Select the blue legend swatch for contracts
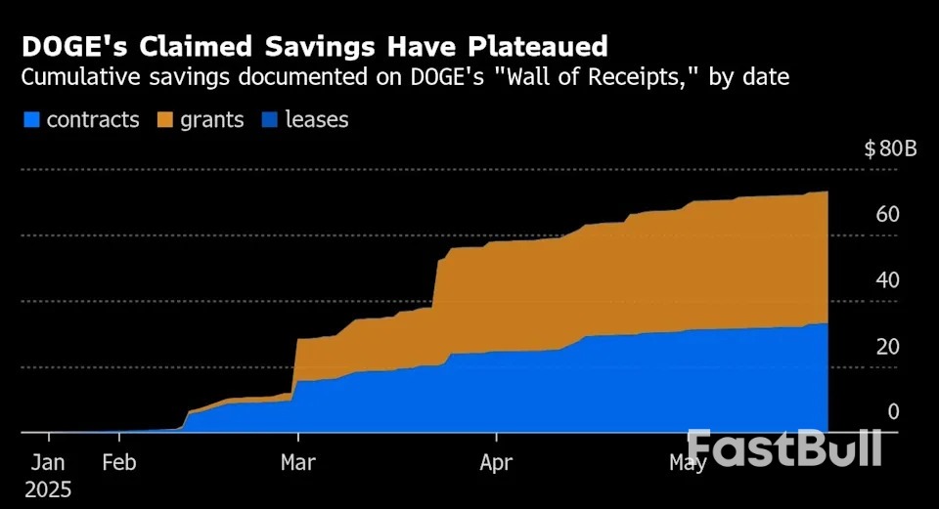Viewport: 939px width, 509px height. pyautogui.click(x=31, y=120)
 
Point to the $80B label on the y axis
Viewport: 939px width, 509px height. pyautogui.click(x=890, y=149)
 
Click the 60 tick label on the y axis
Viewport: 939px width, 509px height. pyautogui.click(x=886, y=215)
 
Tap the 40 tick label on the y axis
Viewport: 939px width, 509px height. pyautogui.click(x=886, y=280)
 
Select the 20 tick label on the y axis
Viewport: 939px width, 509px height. pyautogui.click(x=886, y=347)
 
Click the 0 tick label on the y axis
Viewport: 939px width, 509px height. pyautogui.click(x=892, y=412)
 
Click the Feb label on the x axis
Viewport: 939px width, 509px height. pyautogui.click(x=119, y=462)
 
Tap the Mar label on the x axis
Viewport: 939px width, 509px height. pyautogui.click(x=297, y=462)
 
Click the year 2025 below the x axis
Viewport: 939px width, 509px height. pyautogui.click(x=47, y=488)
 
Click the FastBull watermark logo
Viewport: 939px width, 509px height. pyautogui.click(x=784, y=447)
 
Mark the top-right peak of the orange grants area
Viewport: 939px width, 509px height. pyautogui.click(x=827, y=192)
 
